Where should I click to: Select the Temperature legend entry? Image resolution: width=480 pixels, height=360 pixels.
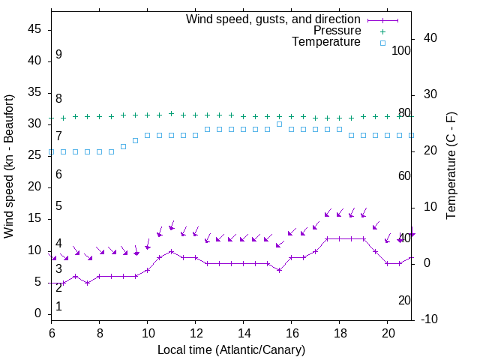(325, 42)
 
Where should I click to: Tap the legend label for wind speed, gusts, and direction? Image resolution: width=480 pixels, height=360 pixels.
(273, 19)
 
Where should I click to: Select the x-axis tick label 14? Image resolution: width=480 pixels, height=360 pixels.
(244, 331)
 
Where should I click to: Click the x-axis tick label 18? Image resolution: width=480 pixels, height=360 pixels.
(340, 331)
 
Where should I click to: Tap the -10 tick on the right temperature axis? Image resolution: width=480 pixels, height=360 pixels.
(430, 319)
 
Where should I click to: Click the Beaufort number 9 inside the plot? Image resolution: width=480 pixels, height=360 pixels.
(58, 55)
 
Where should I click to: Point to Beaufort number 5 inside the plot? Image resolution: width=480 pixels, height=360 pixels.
(58, 206)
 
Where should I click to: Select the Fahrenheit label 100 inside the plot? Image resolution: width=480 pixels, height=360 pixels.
(402, 50)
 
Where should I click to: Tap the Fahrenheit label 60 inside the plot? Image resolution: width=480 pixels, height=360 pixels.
(404, 175)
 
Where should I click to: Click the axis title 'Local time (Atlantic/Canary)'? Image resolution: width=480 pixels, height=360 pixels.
(231, 349)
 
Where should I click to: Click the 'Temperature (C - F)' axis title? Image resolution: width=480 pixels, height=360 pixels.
(451, 166)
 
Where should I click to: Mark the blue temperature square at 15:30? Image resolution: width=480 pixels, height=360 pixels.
(279, 124)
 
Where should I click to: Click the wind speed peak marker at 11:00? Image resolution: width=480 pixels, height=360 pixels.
(172, 251)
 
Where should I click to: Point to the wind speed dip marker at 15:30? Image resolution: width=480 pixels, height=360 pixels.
(279, 270)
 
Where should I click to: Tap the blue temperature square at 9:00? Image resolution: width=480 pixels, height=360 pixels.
(123, 146)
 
